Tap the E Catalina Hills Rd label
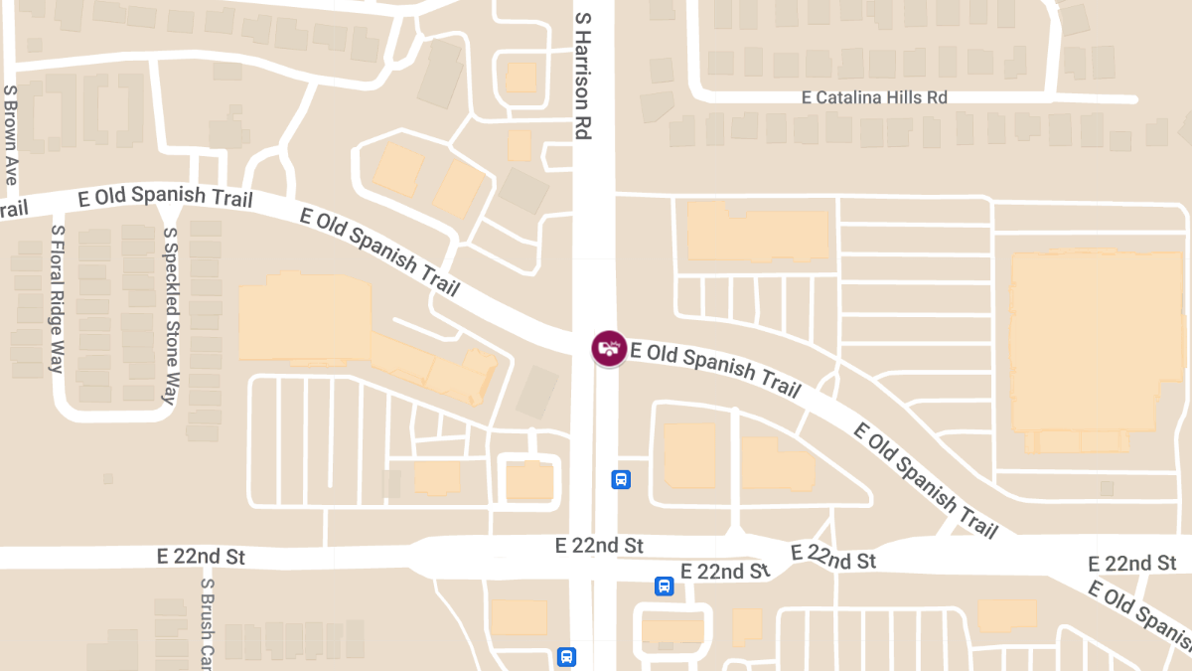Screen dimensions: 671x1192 (874, 97)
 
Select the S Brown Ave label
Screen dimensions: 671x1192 (11, 134)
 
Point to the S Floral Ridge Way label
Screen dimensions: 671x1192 (58, 298)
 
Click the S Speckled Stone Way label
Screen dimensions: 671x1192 (171, 316)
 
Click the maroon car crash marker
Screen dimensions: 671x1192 (609, 348)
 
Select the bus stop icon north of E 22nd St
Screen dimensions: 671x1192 (621, 480)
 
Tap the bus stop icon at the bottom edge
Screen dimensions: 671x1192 (566, 657)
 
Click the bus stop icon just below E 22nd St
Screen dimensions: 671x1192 (664, 587)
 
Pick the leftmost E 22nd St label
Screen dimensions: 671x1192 (200, 557)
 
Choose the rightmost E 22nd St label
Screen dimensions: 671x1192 (1132, 564)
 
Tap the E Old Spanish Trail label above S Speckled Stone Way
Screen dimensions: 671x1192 (165, 197)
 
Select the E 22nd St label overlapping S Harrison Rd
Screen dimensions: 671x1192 (599, 546)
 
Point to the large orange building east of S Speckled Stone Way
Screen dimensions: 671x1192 (304, 318)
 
